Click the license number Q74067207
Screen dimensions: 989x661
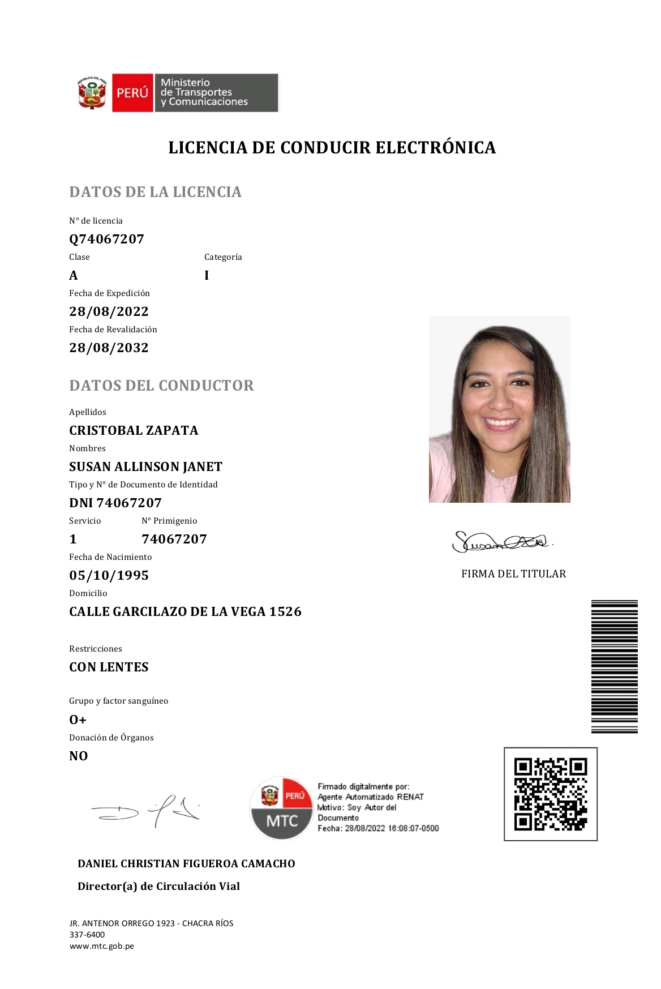point(106,239)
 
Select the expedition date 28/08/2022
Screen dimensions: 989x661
point(109,311)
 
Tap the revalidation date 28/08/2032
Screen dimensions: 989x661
point(109,348)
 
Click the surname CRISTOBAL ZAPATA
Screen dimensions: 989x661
point(134,430)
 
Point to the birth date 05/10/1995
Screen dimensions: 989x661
point(109,575)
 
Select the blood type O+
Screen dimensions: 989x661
point(78,720)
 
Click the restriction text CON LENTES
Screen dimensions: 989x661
point(109,667)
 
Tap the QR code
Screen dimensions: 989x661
point(550,794)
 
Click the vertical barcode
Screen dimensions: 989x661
point(614,666)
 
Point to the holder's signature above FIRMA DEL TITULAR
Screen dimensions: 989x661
point(501,542)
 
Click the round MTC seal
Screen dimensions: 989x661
point(281,808)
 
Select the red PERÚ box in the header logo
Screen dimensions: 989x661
point(132,92)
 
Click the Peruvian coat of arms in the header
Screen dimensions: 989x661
point(92,93)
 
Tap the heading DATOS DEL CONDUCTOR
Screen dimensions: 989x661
point(161,386)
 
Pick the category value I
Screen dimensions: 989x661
point(207,275)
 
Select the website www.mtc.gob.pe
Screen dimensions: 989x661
point(102,946)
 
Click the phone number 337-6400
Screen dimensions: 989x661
point(87,935)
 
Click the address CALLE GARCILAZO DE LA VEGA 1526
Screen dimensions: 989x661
point(185,611)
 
